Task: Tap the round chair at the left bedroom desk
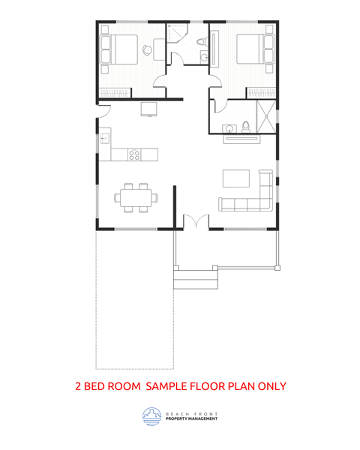click(148, 50)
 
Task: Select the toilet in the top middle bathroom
click(202, 41)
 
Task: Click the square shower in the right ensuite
click(265, 116)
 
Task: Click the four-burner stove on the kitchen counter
click(134, 154)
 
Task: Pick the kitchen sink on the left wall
click(104, 138)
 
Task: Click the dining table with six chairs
click(136, 198)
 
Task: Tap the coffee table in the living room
click(236, 178)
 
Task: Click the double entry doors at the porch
click(192, 223)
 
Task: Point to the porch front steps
click(194, 278)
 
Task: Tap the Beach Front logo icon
click(151, 416)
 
